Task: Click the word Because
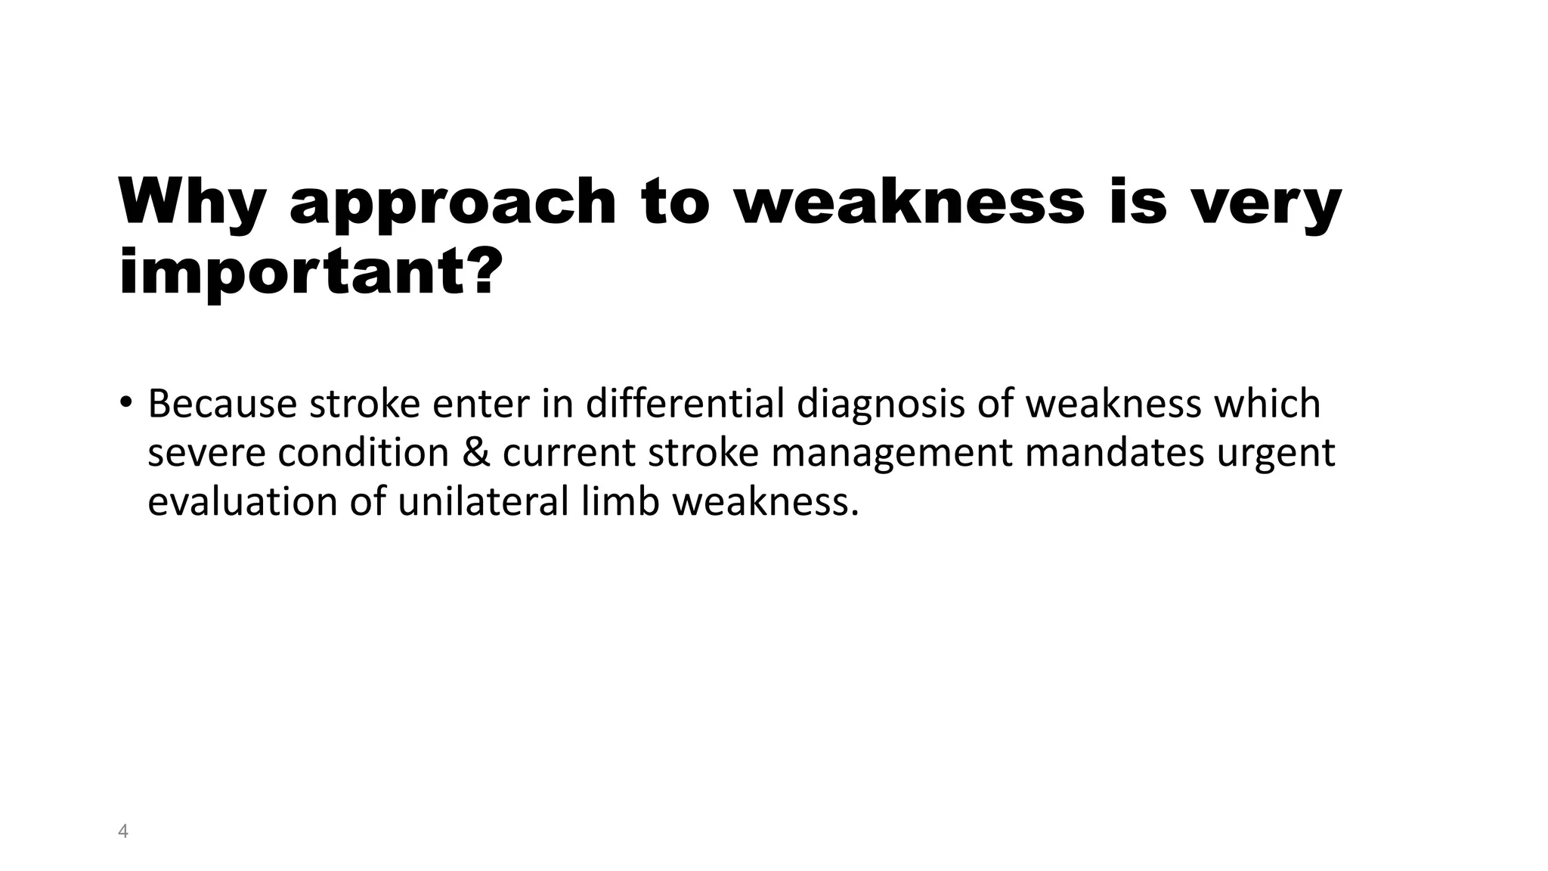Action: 222,403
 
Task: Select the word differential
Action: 686,403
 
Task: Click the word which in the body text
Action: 1267,403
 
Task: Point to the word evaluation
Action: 243,501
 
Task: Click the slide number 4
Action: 123,832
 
